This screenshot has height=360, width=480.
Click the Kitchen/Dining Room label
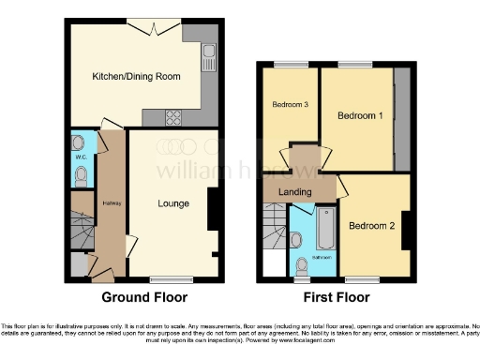pyautogui.click(x=135, y=77)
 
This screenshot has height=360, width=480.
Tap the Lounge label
pyautogui.click(x=173, y=203)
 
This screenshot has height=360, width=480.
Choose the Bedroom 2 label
pyautogui.click(x=370, y=226)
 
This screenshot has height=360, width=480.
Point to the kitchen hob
pyautogui.click(x=174, y=117)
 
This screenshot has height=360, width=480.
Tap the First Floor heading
pyautogui.click(x=335, y=297)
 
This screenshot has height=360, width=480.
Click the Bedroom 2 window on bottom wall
pyautogui.click(x=361, y=278)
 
